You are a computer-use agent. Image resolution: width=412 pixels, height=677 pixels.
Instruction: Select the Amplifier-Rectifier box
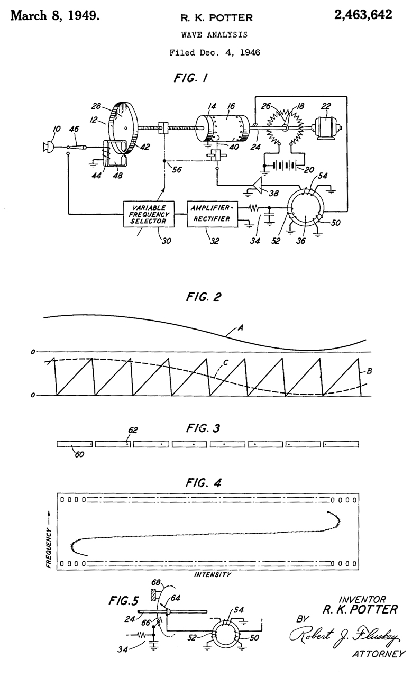pyautogui.click(x=210, y=214)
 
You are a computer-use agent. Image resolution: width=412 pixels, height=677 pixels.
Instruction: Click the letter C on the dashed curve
pyautogui.click(x=225, y=364)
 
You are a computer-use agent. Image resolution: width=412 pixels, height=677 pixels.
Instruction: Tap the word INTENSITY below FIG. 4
pyautogui.click(x=213, y=574)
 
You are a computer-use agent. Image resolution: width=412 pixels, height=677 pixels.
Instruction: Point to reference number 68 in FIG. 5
pyautogui.click(x=157, y=583)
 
